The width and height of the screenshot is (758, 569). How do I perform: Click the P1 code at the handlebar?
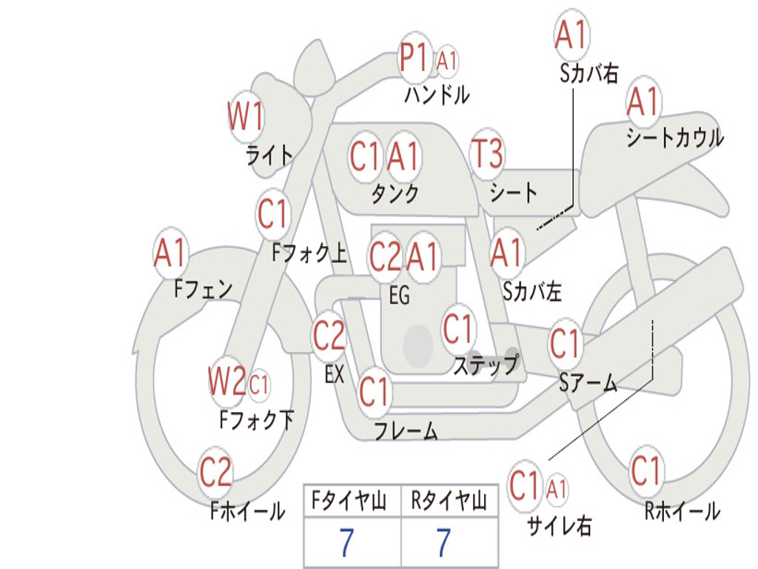(x=414, y=57)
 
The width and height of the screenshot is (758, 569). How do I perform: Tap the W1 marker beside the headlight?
(x=246, y=116)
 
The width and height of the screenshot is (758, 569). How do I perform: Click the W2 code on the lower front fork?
(x=227, y=382)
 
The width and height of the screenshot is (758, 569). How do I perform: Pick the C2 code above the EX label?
(x=329, y=336)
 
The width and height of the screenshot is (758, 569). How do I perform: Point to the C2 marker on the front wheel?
(x=215, y=472)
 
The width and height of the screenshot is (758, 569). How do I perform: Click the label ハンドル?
(x=437, y=94)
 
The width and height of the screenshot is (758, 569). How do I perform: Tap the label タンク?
(x=395, y=194)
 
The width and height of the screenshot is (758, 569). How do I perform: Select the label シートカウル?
(x=675, y=138)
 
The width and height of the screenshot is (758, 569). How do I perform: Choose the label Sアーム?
(x=588, y=383)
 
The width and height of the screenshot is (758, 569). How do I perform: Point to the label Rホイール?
(x=682, y=511)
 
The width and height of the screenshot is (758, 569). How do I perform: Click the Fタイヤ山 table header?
(x=349, y=501)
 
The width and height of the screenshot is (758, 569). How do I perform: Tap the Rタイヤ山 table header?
(x=449, y=501)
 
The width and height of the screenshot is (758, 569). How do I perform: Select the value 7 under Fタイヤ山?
(x=346, y=542)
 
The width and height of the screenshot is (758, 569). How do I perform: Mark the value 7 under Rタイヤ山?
(x=444, y=542)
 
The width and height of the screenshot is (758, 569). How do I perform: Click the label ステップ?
(x=486, y=365)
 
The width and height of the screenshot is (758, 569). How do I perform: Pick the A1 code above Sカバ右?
(x=571, y=35)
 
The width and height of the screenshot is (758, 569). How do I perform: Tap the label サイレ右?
(x=560, y=525)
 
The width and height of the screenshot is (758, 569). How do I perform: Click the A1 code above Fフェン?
(x=170, y=253)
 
